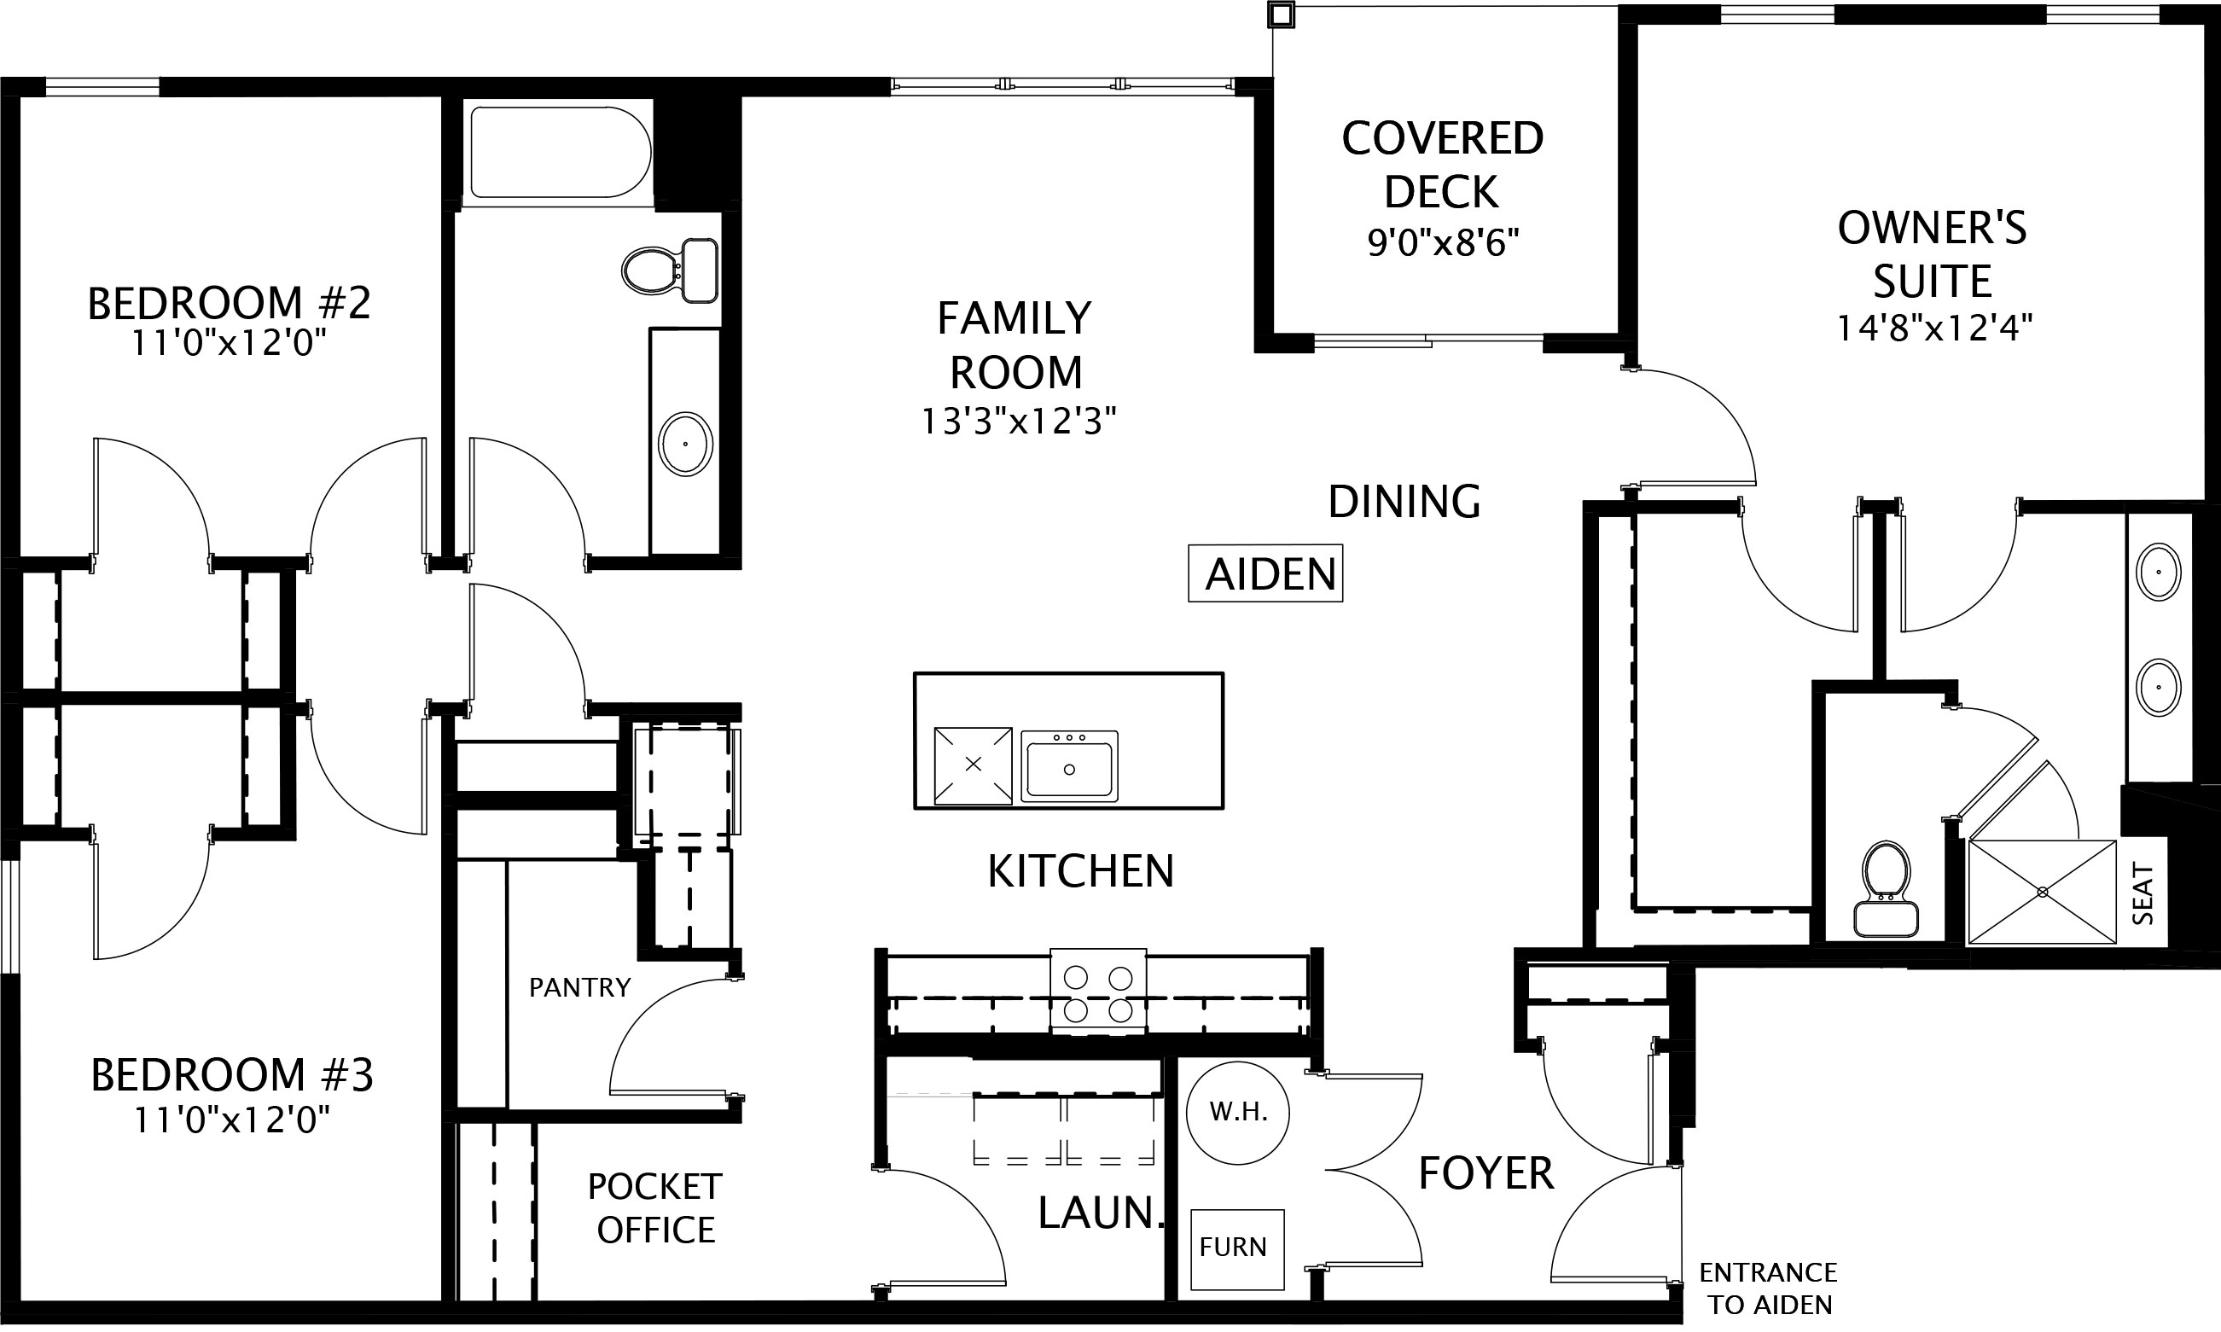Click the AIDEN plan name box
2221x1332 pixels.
[x=1265, y=573]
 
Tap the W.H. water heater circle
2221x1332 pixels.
[x=1237, y=1113]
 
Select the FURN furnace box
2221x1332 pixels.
[x=1237, y=1248]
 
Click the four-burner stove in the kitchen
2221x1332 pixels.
[x=1097, y=992]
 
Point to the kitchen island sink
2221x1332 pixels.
[x=1069, y=765]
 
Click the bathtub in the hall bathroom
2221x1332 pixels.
[x=561, y=153]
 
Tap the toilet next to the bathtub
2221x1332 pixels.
[x=671, y=270]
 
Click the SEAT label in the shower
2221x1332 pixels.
[x=2142, y=893]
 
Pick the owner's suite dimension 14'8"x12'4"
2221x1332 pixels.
[x=1933, y=328]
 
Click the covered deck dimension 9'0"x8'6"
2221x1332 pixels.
[x=1442, y=243]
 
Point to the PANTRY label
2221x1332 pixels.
[x=579, y=987]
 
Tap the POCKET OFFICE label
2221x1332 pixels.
[x=655, y=1208]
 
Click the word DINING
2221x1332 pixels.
[x=1404, y=502]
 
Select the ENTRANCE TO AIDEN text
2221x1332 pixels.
[x=1769, y=1288]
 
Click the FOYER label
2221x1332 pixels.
[x=1486, y=1173]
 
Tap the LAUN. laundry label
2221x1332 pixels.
[x=1100, y=1213]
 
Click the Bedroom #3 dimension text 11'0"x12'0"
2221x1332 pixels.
[x=231, y=1120]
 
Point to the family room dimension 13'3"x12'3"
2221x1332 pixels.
[x=1019, y=421]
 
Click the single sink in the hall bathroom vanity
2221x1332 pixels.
[x=686, y=445]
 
